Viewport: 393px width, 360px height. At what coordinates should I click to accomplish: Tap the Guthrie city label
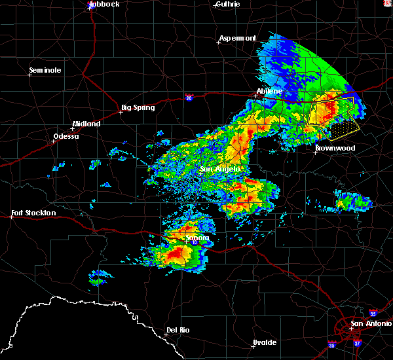228,4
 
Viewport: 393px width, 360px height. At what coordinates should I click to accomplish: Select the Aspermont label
238,38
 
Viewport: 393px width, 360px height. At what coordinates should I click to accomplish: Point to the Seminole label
45,70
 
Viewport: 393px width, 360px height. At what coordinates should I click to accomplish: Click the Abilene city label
269,91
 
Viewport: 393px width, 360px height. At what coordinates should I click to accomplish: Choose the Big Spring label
138,107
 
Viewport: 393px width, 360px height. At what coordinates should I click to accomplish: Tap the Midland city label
86,124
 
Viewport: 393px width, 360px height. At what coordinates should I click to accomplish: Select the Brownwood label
335,148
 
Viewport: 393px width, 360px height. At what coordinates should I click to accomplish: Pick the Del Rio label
178,330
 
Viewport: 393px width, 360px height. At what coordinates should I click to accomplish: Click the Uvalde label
265,342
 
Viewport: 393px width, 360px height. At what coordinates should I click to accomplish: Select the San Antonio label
371,323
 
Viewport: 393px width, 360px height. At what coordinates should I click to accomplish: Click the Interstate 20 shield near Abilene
189,98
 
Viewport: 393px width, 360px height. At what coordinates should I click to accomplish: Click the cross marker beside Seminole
29,75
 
